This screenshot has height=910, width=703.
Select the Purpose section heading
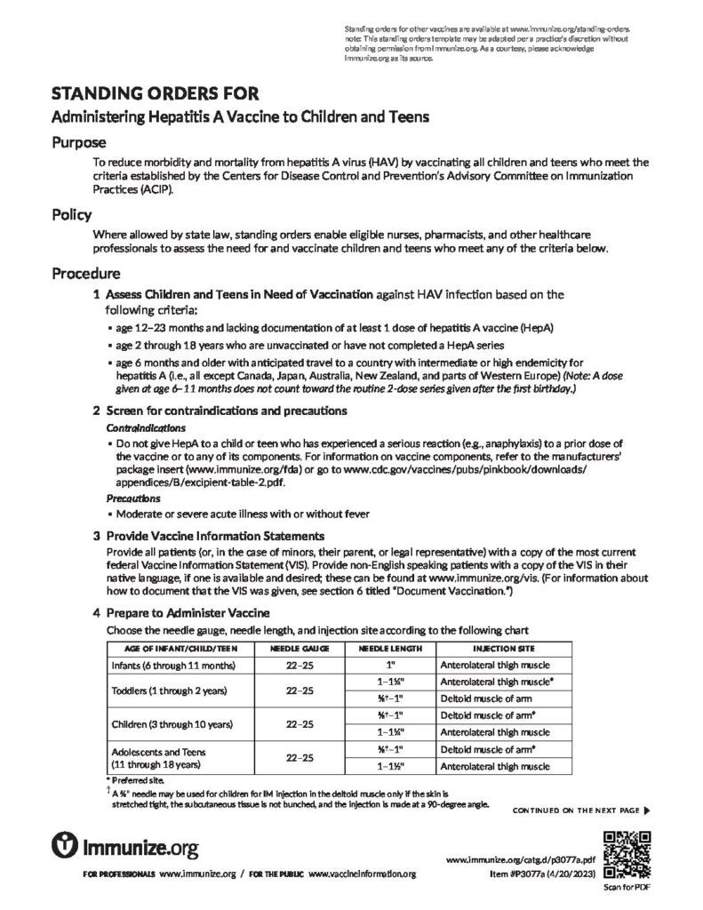tap(79, 142)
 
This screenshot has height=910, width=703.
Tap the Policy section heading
tap(73, 215)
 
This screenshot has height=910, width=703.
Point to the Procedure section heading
tap(86, 273)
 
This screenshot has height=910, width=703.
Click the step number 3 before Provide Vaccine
tap(96, 537)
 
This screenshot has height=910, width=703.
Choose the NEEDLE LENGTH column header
tap(391, 649)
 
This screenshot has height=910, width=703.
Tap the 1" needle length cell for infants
tap(391, 665)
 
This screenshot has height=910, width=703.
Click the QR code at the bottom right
tap(627, 854)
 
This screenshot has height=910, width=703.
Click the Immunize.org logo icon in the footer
tap(66, 843)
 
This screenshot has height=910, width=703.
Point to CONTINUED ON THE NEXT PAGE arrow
tap(646, 810)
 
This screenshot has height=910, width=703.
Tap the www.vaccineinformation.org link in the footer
tap(363, 874)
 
